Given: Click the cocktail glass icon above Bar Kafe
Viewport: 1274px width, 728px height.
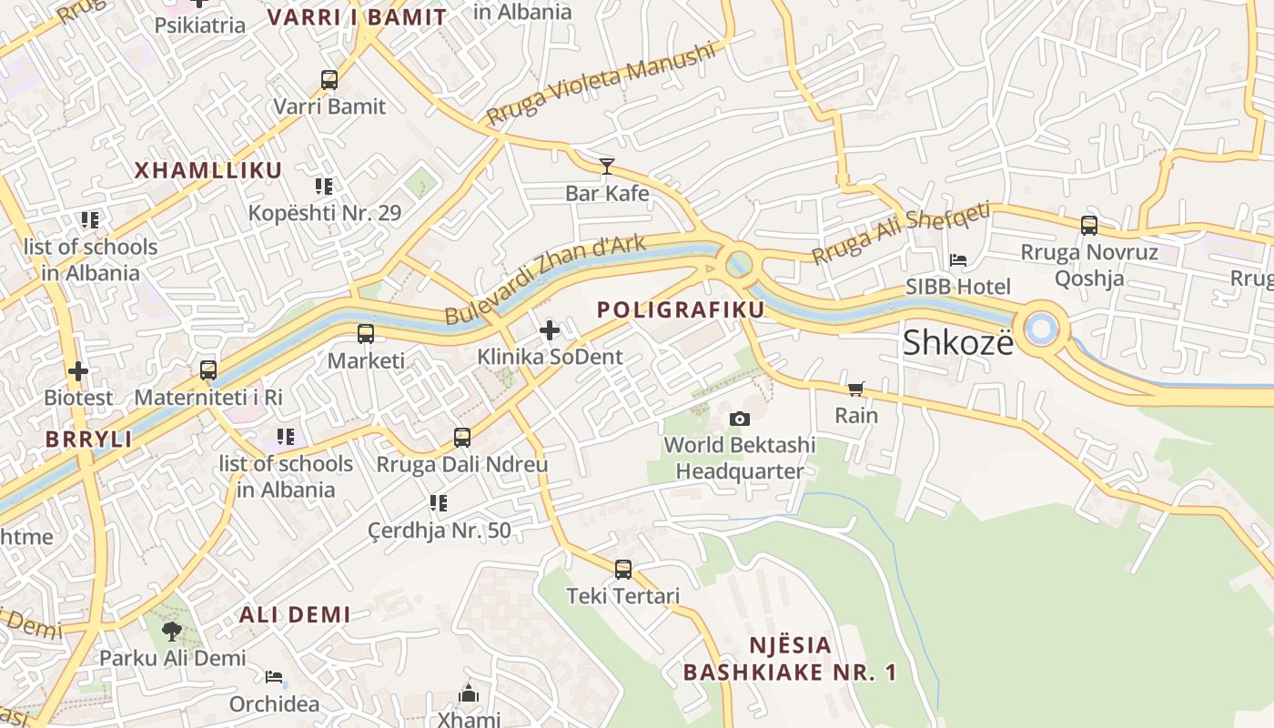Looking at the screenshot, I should coord(607,166).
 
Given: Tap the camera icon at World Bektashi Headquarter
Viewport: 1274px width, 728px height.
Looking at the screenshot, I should coord(740,419).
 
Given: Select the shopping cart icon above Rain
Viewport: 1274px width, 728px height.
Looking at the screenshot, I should coord(855,389).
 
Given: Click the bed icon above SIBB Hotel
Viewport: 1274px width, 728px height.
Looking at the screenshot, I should coord(958,260).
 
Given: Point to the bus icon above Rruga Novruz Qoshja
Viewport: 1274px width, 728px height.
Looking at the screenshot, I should coord(1088,225).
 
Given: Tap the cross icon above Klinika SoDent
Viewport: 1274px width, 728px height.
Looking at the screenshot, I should coord(550,330).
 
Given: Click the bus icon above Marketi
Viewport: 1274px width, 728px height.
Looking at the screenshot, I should coord(366,334).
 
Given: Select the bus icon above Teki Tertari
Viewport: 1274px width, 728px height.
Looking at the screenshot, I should coord(623,570).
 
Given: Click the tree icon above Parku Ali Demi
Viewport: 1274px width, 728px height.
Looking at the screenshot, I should coord(171,631).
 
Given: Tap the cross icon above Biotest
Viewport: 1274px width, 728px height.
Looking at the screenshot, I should coord(78,371).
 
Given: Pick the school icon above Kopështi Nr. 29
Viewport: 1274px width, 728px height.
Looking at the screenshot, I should coord(324,187).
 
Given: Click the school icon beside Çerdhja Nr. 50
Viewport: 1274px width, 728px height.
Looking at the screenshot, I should coord(439,503).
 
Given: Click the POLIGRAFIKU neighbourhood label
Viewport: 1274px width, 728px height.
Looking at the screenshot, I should coord(681,309).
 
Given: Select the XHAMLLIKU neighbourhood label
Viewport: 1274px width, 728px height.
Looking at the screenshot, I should coord(208,170).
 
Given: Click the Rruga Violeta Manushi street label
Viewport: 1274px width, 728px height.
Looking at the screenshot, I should coord(602,86).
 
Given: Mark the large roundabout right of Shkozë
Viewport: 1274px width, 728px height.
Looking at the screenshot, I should coord(1041,329).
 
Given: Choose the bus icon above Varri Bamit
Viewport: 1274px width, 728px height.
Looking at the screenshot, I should coord(329,80).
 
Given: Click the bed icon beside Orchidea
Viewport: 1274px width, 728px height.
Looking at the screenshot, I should coord(274,677).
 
